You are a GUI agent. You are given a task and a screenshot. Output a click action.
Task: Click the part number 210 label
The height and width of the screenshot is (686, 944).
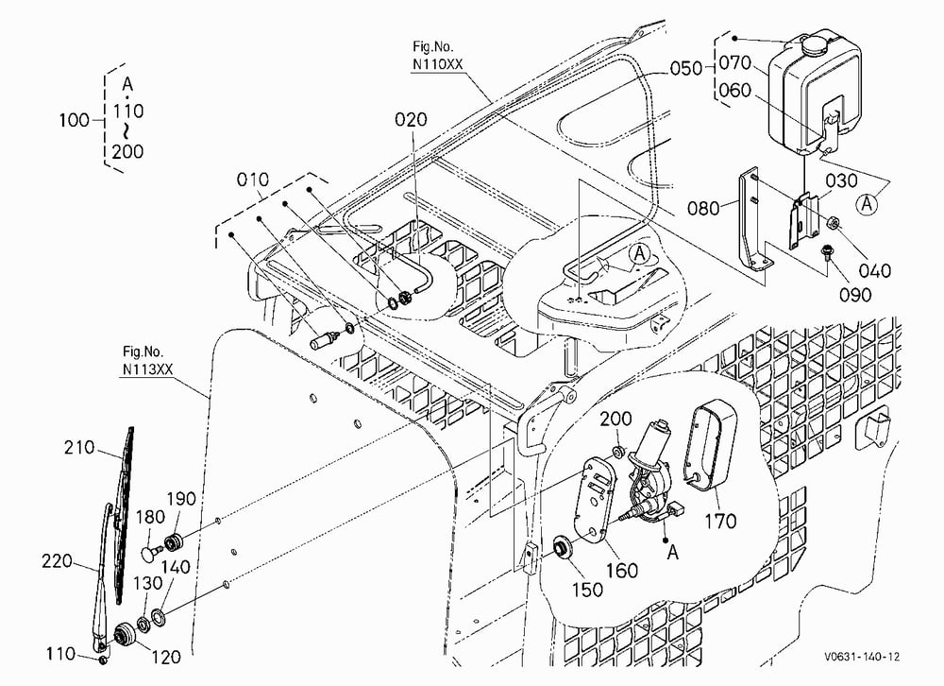coord(79,447)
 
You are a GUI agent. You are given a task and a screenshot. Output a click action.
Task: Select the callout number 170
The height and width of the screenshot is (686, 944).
coord(720,521)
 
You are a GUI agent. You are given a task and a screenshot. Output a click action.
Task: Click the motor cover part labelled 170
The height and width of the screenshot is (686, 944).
coord(710,442)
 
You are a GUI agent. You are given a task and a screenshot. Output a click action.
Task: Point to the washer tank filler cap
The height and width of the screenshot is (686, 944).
coord(814,43)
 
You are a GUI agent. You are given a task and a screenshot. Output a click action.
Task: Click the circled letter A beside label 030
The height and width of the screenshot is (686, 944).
coord(867,204)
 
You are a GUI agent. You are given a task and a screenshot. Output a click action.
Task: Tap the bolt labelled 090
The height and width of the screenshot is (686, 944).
coord(827,251)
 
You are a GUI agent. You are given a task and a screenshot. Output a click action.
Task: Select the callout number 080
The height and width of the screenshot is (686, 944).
coord(703,209)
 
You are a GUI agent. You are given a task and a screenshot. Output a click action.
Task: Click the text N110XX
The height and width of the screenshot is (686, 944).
coord(437,64)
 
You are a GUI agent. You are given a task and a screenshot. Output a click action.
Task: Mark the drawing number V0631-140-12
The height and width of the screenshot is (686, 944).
coord(862,657)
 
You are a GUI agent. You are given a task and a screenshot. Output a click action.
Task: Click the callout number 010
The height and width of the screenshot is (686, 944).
coord(253,180)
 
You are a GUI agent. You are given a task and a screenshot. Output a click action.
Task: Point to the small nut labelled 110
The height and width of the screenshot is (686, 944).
coord(103,660)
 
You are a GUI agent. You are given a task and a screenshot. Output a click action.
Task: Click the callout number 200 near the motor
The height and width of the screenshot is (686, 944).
coord(615,419)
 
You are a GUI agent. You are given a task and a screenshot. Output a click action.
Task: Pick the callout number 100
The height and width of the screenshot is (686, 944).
coord(74,121)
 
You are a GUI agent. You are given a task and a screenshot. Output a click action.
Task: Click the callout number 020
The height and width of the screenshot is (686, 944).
coord(411,119)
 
